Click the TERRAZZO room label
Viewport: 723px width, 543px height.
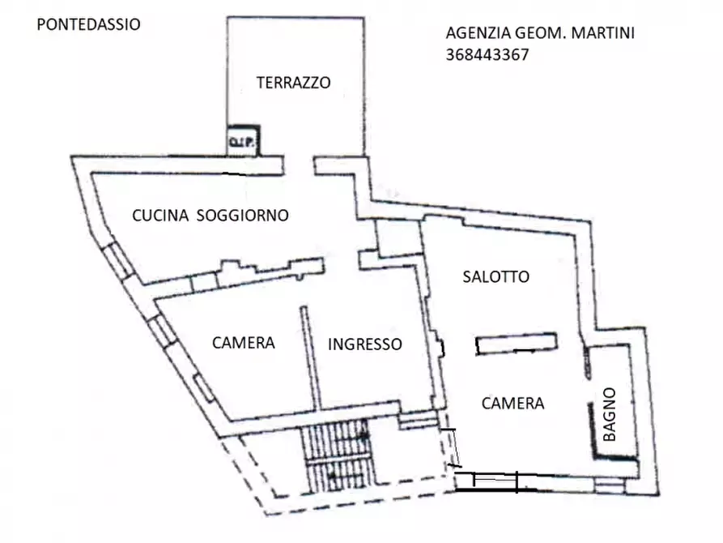click(293, 82)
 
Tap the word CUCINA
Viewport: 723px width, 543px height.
click(160, 215)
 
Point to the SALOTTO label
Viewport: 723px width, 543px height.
click(495, 276)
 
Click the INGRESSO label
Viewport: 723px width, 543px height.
click(364, 344)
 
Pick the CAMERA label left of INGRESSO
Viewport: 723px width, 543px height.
click(243, 343)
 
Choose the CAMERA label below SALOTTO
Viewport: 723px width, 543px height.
click(512, 403)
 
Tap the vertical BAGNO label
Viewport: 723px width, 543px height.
click(610, 414)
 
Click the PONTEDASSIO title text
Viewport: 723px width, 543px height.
click(89, 24)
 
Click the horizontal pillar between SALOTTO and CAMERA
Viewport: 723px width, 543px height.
click(516, 344)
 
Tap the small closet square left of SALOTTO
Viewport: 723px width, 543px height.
click(397, 237)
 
